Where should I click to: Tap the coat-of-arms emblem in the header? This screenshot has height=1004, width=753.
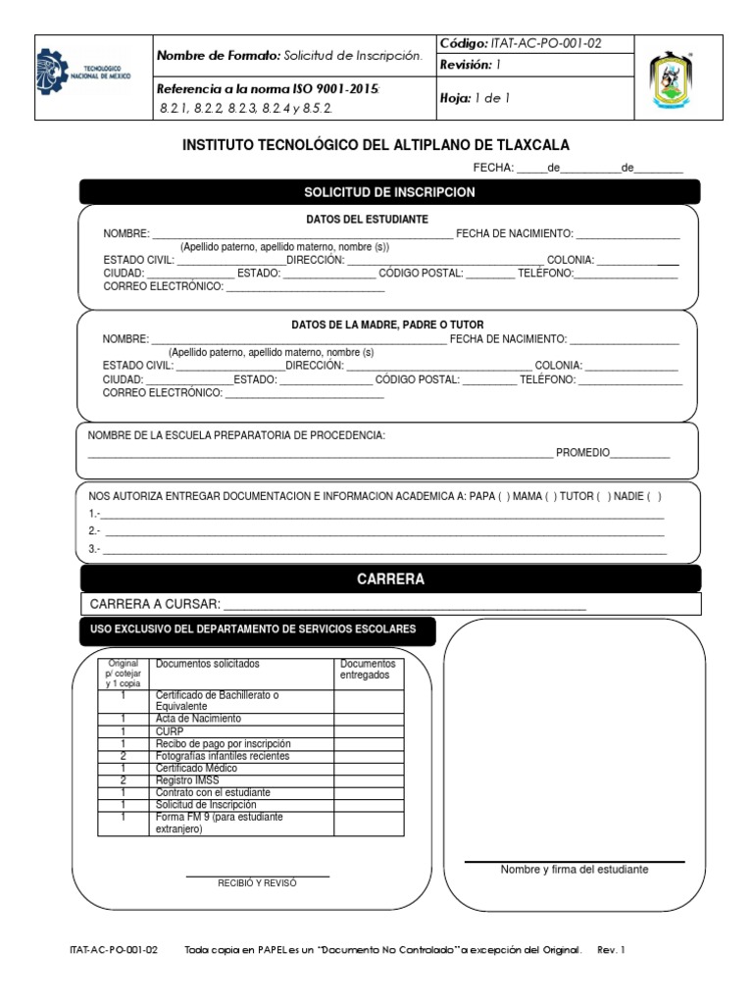point(678,77)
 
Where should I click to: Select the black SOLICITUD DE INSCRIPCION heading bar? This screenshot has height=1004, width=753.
point(389,192)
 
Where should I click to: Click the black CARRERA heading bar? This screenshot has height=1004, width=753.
point(390,579)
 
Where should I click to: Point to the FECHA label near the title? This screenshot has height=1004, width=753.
point(494,168)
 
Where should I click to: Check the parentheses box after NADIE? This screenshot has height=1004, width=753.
point(654,496)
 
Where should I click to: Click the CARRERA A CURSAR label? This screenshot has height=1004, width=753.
point(155,604)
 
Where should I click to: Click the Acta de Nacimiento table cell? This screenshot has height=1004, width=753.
point(197,719)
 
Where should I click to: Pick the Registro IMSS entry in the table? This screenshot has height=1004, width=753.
point(182,780)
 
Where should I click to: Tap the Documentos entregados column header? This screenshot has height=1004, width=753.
point(368,670)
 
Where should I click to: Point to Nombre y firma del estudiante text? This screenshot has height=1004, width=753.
point(575,870)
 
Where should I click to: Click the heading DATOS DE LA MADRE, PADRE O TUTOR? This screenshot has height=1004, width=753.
point(387,325)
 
